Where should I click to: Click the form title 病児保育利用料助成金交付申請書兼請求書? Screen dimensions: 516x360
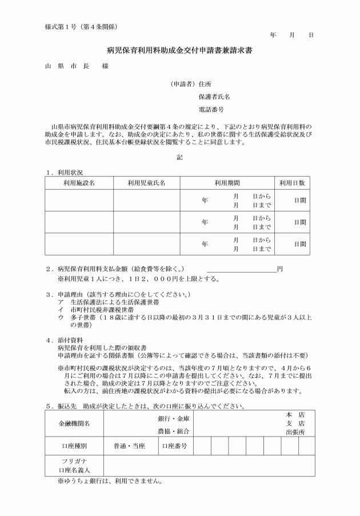coord(180,51)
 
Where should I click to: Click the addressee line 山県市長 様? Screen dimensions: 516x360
coord(76,66)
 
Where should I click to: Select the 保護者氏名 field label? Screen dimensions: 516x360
coord(214,97)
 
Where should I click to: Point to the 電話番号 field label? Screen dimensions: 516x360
coord(211,109)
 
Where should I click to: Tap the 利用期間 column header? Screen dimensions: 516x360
coord(227,183)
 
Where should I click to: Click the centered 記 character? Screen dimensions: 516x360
coord(179,157)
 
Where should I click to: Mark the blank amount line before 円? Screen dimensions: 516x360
coord(241,269)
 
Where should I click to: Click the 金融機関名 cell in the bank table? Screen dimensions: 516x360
coord(74,423)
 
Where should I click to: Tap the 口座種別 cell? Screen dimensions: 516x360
coord(74,445)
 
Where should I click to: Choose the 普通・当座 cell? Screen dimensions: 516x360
coord(129,445)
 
